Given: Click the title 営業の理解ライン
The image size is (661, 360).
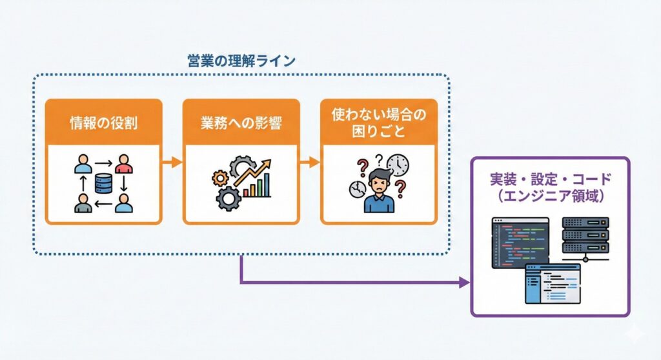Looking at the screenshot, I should [x=241, y=61].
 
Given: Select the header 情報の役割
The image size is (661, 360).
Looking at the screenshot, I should [x=103, y=123].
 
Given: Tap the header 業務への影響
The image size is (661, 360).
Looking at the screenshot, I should [x=241, y=123].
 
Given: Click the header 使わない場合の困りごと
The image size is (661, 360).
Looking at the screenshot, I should [x=379, y=123].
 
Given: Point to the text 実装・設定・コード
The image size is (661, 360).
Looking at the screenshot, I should [x=550, y=179].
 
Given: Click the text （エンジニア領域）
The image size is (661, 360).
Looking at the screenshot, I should [x=550, y=196].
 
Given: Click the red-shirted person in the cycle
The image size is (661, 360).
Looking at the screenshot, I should [x=123, y=165].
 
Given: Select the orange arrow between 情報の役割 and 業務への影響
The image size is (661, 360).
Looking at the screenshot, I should [x=172, y=162].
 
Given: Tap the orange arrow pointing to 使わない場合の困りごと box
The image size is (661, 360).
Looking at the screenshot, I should [x=310, y=162].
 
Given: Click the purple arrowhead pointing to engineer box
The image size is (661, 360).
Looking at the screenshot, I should [x=463, y=283].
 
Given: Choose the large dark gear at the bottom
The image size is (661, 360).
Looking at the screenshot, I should [x=228, y=197].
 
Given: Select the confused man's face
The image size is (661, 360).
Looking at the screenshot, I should [x=378, y=182].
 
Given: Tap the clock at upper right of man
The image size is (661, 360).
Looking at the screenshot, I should [x=398, y=165].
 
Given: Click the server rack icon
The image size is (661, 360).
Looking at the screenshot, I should [x=585, y=235].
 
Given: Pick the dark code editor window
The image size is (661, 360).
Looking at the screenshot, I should [x=520, y=242].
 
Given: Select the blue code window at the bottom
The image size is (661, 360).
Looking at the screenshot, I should [x=552, y=283].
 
